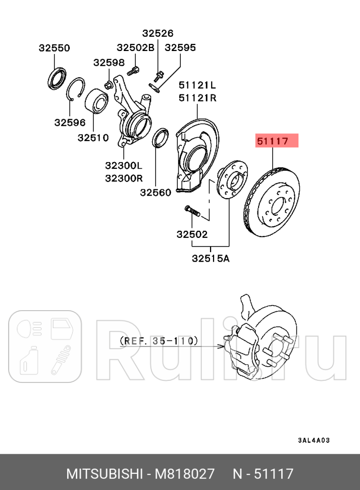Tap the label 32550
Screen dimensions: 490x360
click(x=54, y=48)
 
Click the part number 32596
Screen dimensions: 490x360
click(x=70, y=122)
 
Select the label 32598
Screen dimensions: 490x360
click(x=109, y=62)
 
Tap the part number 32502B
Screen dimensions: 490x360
click(x=135, y=48)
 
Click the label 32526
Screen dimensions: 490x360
click(x=158, y=33)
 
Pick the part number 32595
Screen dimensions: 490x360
click(x=181, y=48)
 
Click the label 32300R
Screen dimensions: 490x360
click(x=124, y=178)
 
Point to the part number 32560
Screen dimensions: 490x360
click(x=156, y=192)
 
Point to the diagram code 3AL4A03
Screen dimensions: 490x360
click(x=313, y=440)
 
